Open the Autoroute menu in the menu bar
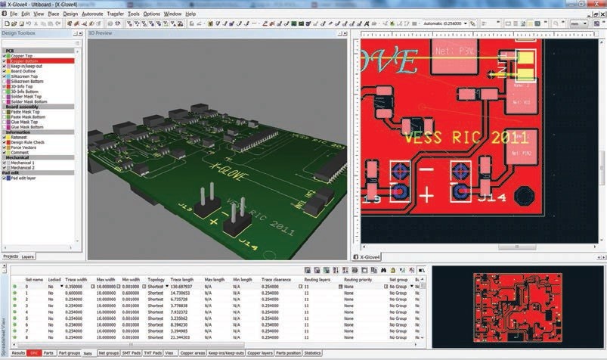tap(93, 14)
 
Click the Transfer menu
tap(116, 14)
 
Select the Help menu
tap(190, 14)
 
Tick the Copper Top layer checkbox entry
tap(23, 56)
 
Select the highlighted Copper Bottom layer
tap(25, 61)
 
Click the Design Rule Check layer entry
tap(29, 141)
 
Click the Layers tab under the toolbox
tap(27, 257)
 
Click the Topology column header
tap(156, 280)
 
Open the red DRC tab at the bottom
tap(34, 353)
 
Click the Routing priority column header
tap(358, 280)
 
